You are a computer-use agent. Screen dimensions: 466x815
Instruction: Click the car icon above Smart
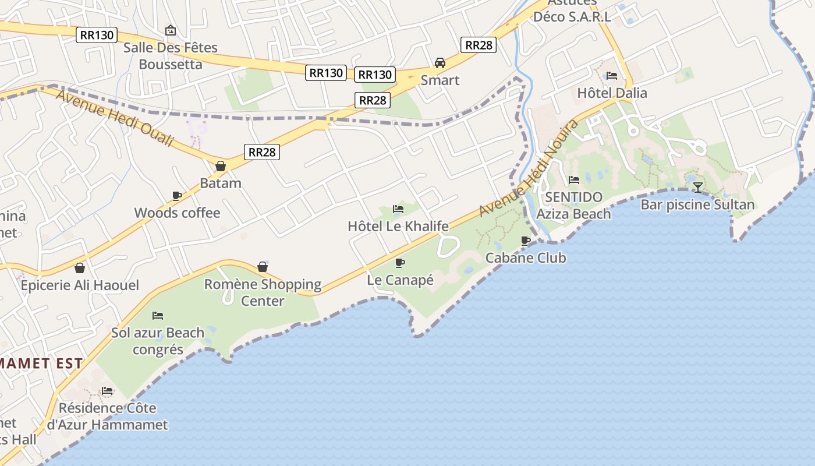440,62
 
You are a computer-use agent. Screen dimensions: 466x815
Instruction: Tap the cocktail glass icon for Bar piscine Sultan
697,187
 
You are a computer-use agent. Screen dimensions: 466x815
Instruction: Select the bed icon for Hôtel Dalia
611,76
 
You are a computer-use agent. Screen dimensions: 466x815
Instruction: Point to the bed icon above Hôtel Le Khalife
398,209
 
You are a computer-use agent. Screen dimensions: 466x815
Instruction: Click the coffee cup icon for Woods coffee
177,196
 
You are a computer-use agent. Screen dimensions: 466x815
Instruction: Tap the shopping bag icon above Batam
221,166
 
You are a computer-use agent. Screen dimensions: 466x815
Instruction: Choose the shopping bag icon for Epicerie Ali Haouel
80,268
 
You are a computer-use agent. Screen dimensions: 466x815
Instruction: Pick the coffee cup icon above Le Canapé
400,263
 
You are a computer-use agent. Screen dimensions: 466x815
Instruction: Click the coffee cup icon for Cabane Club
526,241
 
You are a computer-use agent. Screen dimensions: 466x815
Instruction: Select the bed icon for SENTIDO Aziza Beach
573,180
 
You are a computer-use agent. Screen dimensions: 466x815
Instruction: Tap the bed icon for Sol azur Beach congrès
158,316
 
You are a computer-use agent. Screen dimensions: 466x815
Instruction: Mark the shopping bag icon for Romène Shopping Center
263,267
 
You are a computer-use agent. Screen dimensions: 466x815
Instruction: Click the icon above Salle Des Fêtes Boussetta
171,30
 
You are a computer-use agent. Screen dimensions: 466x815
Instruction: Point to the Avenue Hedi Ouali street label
115,117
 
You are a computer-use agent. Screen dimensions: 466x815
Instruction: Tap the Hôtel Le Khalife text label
398,226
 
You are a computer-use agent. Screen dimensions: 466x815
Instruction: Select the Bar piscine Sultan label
697,204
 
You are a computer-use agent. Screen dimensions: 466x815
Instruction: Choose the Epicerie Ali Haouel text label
80,285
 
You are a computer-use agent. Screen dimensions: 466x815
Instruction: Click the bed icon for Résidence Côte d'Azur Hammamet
107,390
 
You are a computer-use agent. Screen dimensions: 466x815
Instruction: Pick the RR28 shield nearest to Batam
262,152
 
